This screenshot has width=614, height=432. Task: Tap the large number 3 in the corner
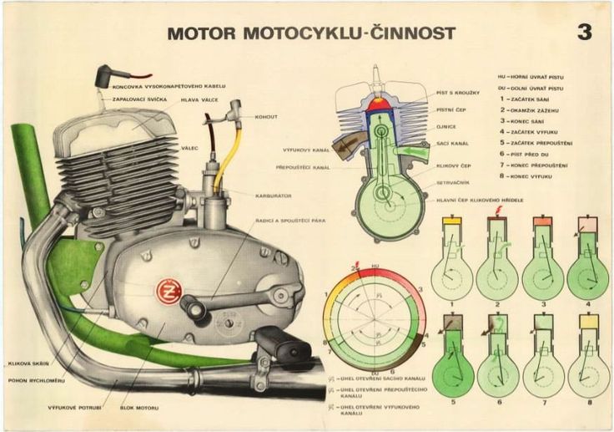coord(584,33)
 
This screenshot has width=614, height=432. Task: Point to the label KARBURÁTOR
coord(274,195)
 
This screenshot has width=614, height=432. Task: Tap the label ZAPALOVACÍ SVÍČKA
coord(143,99)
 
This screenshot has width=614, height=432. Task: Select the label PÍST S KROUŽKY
coord(458,92)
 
